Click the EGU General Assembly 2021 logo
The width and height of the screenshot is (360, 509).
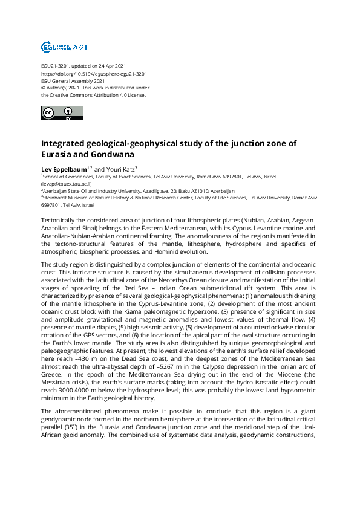click(x=64, y=47)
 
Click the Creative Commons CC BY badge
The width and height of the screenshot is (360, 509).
click(x=57, y=113)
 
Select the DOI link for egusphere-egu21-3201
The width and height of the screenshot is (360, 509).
click(x=94, y=73)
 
